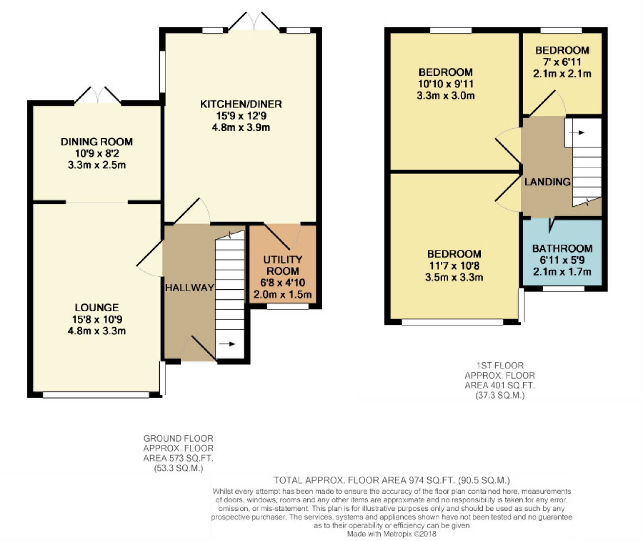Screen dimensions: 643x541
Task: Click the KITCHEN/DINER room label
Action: point(241,104)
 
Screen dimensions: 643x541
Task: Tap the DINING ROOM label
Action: point(97,142)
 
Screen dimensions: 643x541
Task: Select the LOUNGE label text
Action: point(97,308)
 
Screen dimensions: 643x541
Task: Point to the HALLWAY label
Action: point(190,288)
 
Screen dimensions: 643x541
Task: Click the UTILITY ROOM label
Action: point(283,265)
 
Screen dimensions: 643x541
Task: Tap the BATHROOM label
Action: point(562,248)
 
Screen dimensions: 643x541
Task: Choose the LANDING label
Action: point(547,182)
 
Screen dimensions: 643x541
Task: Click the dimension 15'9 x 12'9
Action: point(241,116)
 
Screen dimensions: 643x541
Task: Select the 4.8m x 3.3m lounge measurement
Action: point(97,331)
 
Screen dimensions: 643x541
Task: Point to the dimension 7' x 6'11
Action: point(562,62)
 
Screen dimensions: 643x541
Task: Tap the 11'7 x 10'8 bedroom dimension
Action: point(454,266)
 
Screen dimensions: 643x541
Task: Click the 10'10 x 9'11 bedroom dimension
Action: point(445,84)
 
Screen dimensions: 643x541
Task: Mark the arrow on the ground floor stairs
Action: point(227,344)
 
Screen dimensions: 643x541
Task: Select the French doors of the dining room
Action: point(98,95)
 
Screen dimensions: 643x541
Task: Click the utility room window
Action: point(288,306)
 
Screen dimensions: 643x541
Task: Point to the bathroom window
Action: point(563,288)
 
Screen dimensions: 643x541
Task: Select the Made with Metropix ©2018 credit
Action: point(392,534)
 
